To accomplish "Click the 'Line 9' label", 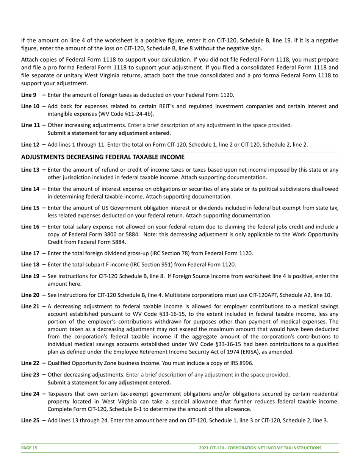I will pos(29,95).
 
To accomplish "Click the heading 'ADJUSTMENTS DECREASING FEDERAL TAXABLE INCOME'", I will pos(103,157).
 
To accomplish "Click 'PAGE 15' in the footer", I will pos(29,448).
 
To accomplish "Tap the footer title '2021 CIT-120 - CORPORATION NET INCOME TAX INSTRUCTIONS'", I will pos(260,448).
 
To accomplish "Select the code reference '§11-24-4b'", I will pos(139,114).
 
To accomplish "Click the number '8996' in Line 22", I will pos(246,363).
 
